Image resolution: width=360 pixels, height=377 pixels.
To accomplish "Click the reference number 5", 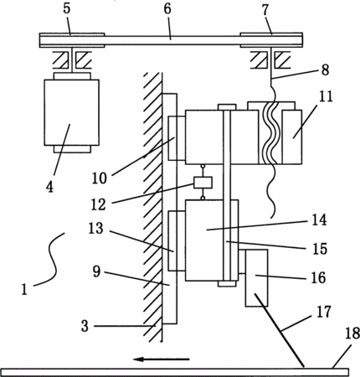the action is [67, 8].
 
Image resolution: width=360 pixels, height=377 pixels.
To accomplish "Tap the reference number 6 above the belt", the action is [167, 8].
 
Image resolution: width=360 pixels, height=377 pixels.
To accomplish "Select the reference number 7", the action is [265, 10].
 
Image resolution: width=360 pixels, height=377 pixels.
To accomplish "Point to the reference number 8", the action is [325, 70].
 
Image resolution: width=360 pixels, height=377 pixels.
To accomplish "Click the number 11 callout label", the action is [326, 96].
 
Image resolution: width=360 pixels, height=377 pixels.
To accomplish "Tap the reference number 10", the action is [100, 178].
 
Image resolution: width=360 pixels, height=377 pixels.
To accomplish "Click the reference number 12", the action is [99, 204].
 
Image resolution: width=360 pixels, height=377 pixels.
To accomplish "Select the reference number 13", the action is [96, 228].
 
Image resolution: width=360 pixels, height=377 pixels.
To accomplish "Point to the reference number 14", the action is [319, 219].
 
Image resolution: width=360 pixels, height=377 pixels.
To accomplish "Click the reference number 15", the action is [320, 249].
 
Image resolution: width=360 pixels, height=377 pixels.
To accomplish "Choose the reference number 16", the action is [318, 277].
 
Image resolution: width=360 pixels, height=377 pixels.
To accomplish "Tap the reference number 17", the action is [323, 312].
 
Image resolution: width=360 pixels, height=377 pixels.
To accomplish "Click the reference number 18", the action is [352, 333].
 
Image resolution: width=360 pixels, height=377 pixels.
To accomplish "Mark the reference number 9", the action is [96, 271].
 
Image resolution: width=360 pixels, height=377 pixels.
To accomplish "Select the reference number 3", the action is [85, 326].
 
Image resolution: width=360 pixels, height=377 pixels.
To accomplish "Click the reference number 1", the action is [24, 289].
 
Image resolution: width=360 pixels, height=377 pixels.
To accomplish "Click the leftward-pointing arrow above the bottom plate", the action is [162, 359].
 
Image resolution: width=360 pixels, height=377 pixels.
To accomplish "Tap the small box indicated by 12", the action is [203, 183].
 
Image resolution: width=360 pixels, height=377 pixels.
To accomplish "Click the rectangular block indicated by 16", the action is [256, 278].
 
